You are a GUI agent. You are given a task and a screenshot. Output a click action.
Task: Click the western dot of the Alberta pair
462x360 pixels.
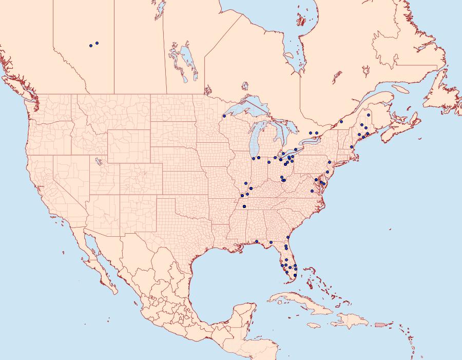pyautogui.click(x=91, y=46)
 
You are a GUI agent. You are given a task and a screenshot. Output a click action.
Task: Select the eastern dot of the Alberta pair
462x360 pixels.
pyautogui.click(x=97, y=43)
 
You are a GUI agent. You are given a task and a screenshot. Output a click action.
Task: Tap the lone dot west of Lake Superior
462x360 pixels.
pyautogui.click(x=224, y=116)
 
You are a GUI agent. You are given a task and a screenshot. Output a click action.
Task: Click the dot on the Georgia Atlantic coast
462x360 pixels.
pyautogui.click(x=288, y=237)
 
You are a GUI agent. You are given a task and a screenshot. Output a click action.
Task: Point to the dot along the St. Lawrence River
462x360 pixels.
pyautogui.click(x=341, y=122)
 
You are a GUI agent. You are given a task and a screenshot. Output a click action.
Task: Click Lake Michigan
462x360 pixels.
pyautogui.click(x=255, y=139)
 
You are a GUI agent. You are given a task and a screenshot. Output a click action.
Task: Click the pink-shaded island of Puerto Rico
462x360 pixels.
pyautogui.click(x=380, y=324)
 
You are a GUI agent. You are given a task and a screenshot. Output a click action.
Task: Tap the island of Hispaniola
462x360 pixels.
pyautogui.click(x=349, y=321)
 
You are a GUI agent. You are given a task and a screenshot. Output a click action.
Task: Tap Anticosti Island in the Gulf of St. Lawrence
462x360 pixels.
pyautogui.click(x=402, y=88)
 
